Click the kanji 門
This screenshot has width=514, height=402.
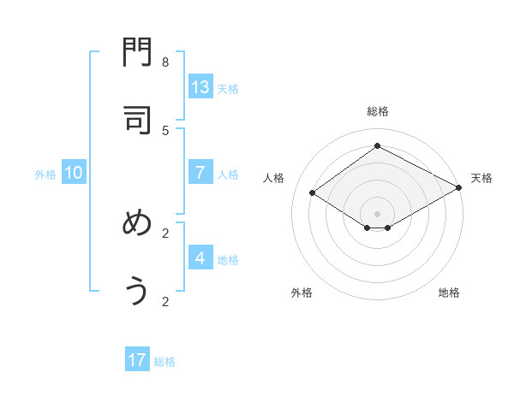137,53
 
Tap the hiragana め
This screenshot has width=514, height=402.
137,224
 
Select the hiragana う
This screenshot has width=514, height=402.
137,292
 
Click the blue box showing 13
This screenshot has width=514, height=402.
200,87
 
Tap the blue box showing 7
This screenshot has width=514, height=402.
200,173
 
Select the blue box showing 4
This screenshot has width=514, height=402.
200,258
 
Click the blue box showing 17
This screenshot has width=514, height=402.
137,360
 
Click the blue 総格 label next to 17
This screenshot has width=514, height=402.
164,362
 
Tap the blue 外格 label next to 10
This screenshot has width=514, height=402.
45,174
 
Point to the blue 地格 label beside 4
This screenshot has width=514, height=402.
228,260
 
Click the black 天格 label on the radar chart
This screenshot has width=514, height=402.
481,178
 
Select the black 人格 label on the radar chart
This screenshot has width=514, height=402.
274,178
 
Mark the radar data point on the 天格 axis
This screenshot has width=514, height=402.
459,188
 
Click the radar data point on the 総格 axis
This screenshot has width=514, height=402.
377,146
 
